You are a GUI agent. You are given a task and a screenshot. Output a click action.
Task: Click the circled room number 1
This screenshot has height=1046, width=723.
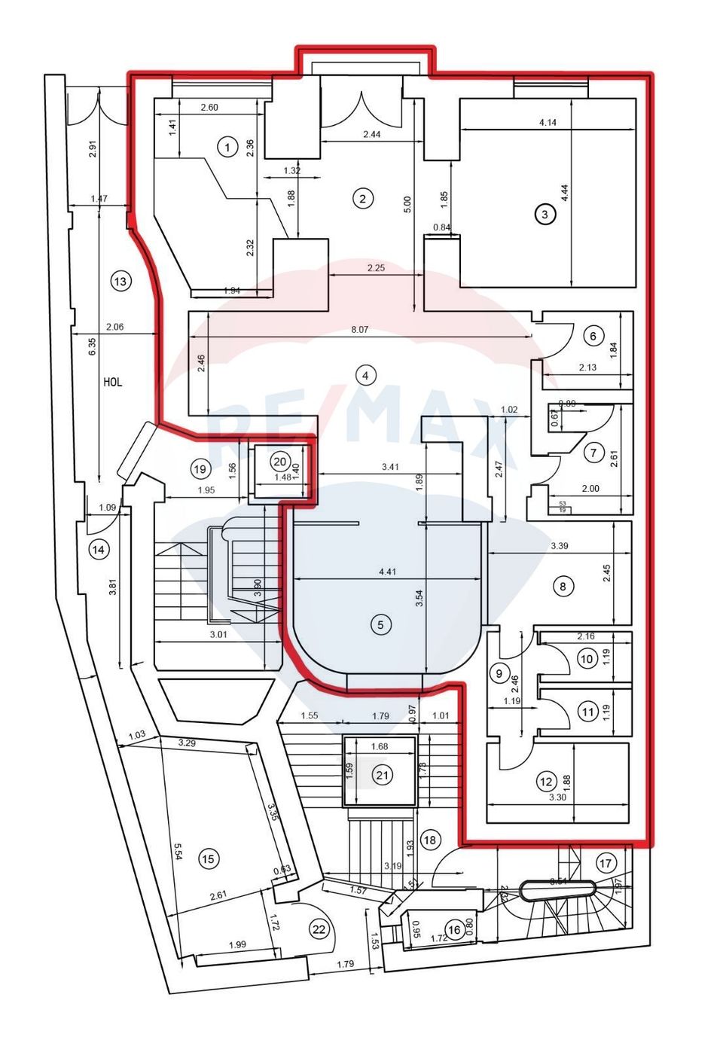click(x=227, y=147)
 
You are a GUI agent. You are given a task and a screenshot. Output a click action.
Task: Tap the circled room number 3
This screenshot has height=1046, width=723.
click(x=544, y=214)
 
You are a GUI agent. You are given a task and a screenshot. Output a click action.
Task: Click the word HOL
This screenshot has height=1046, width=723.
click(x=112, y=382)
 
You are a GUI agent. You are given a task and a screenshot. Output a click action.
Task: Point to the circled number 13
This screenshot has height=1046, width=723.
click(x=120, y=281)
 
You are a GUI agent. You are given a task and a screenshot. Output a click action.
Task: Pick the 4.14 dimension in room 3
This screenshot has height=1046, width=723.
click(x=548, y=122)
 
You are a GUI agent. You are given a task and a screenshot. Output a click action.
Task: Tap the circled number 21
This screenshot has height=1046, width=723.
click(x=383, y=774)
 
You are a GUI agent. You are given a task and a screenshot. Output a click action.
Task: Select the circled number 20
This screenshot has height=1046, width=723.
click(x=279, y=462)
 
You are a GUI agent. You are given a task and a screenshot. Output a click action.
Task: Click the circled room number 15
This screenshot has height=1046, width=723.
click(x=208, y=858)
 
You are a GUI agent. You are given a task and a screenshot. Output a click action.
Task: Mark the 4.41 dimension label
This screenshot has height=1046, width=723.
click(x=387, y=572)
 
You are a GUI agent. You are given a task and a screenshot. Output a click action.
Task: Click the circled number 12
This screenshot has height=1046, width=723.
click(x=546, y=782)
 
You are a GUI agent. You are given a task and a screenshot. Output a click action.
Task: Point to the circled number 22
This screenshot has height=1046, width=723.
click(x=319, y=929)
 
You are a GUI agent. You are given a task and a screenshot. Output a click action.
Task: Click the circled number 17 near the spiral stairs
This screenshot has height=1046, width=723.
click(x=606, y=863)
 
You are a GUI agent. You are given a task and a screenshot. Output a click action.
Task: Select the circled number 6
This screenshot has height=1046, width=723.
click(x=593, y=336)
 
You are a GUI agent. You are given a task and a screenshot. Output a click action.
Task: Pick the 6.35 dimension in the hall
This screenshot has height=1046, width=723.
click(x=92, y=346)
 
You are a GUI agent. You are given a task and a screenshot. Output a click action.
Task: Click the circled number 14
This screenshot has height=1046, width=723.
click(x=98, y=550)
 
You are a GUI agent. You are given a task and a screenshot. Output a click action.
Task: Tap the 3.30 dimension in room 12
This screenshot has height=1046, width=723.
click(x=558, y=797)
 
